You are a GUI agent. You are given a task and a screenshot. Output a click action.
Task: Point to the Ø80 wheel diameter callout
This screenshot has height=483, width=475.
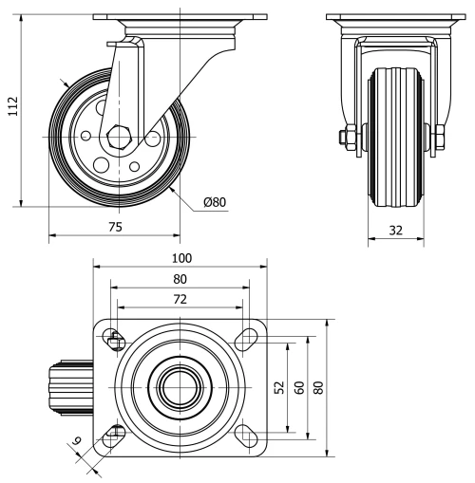click(215, 201)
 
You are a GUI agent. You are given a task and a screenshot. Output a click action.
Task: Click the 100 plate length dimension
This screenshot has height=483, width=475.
click(180, 257)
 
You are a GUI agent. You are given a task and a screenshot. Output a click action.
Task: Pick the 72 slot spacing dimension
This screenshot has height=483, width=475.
click(180, 299)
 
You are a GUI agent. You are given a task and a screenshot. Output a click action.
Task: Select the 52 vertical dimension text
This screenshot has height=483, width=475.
click(279, 388)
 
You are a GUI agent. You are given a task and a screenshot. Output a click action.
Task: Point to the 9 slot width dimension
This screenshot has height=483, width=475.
click(77, 442)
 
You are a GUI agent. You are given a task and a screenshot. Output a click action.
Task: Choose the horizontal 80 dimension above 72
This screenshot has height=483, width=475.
click(180, 278)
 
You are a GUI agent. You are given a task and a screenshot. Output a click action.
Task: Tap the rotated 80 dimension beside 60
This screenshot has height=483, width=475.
click(319, 388)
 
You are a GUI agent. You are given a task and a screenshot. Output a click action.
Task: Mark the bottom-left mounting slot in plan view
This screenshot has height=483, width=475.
click(114, 436)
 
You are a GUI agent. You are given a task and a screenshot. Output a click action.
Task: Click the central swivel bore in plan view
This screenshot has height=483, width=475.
click(180, 387)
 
